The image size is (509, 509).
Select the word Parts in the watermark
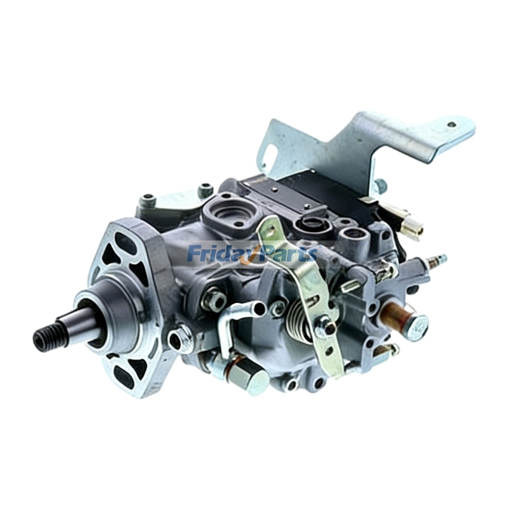click(289, 253)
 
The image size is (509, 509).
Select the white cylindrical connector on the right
click(410, 229)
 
